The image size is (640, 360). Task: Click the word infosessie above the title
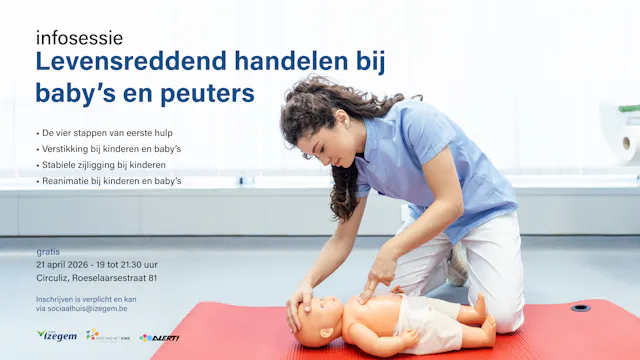(79, 38)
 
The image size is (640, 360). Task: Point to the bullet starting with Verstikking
(111, 148)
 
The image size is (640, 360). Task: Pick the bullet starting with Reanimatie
(111, 181)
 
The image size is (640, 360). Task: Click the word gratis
(48, 252)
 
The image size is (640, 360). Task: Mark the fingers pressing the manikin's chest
(372, 290)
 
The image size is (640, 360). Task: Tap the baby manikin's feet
(485, 320)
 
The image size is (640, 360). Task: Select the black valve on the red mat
(581, 308)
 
